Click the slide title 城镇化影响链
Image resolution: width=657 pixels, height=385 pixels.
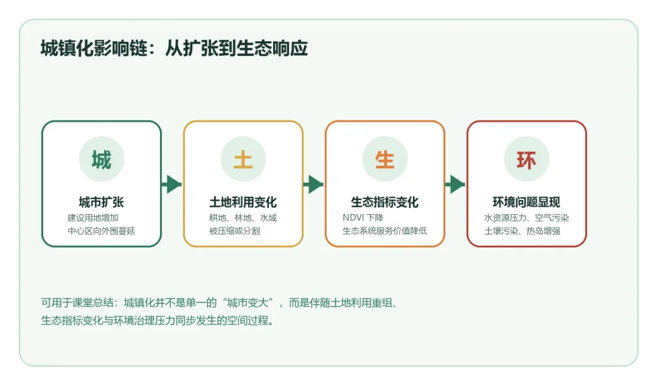[174, 49]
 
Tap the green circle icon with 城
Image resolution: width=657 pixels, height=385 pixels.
[102, 159]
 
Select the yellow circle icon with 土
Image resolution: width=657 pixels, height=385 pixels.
[243, 159]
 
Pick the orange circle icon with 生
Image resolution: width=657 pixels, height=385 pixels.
[385, 159]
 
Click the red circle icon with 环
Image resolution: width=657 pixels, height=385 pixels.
[527, 159]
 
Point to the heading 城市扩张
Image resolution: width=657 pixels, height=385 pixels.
[102, 203]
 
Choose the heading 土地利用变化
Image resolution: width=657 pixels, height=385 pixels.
[243, 203]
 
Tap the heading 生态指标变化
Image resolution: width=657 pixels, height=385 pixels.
[385, 203]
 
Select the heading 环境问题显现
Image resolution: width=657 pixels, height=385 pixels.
[527, 203]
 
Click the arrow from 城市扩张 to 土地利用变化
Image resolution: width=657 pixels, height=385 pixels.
[172, 184]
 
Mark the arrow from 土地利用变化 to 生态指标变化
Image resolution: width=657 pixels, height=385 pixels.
[314, 184]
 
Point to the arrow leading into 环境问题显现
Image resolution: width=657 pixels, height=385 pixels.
[456, 184]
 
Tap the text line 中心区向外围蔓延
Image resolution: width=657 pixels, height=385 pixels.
[102, 231]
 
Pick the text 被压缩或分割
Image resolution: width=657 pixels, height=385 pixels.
[235, 231]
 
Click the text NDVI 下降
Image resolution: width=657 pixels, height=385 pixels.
[363, 218]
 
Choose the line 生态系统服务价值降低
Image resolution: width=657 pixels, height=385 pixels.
[385, 231]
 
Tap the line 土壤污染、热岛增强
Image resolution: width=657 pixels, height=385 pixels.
[523, 231]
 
